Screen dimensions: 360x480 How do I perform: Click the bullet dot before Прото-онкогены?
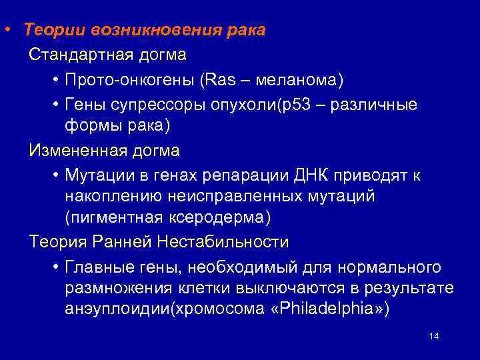(54, 81)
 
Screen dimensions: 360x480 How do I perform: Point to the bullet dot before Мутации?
(54, 175)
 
